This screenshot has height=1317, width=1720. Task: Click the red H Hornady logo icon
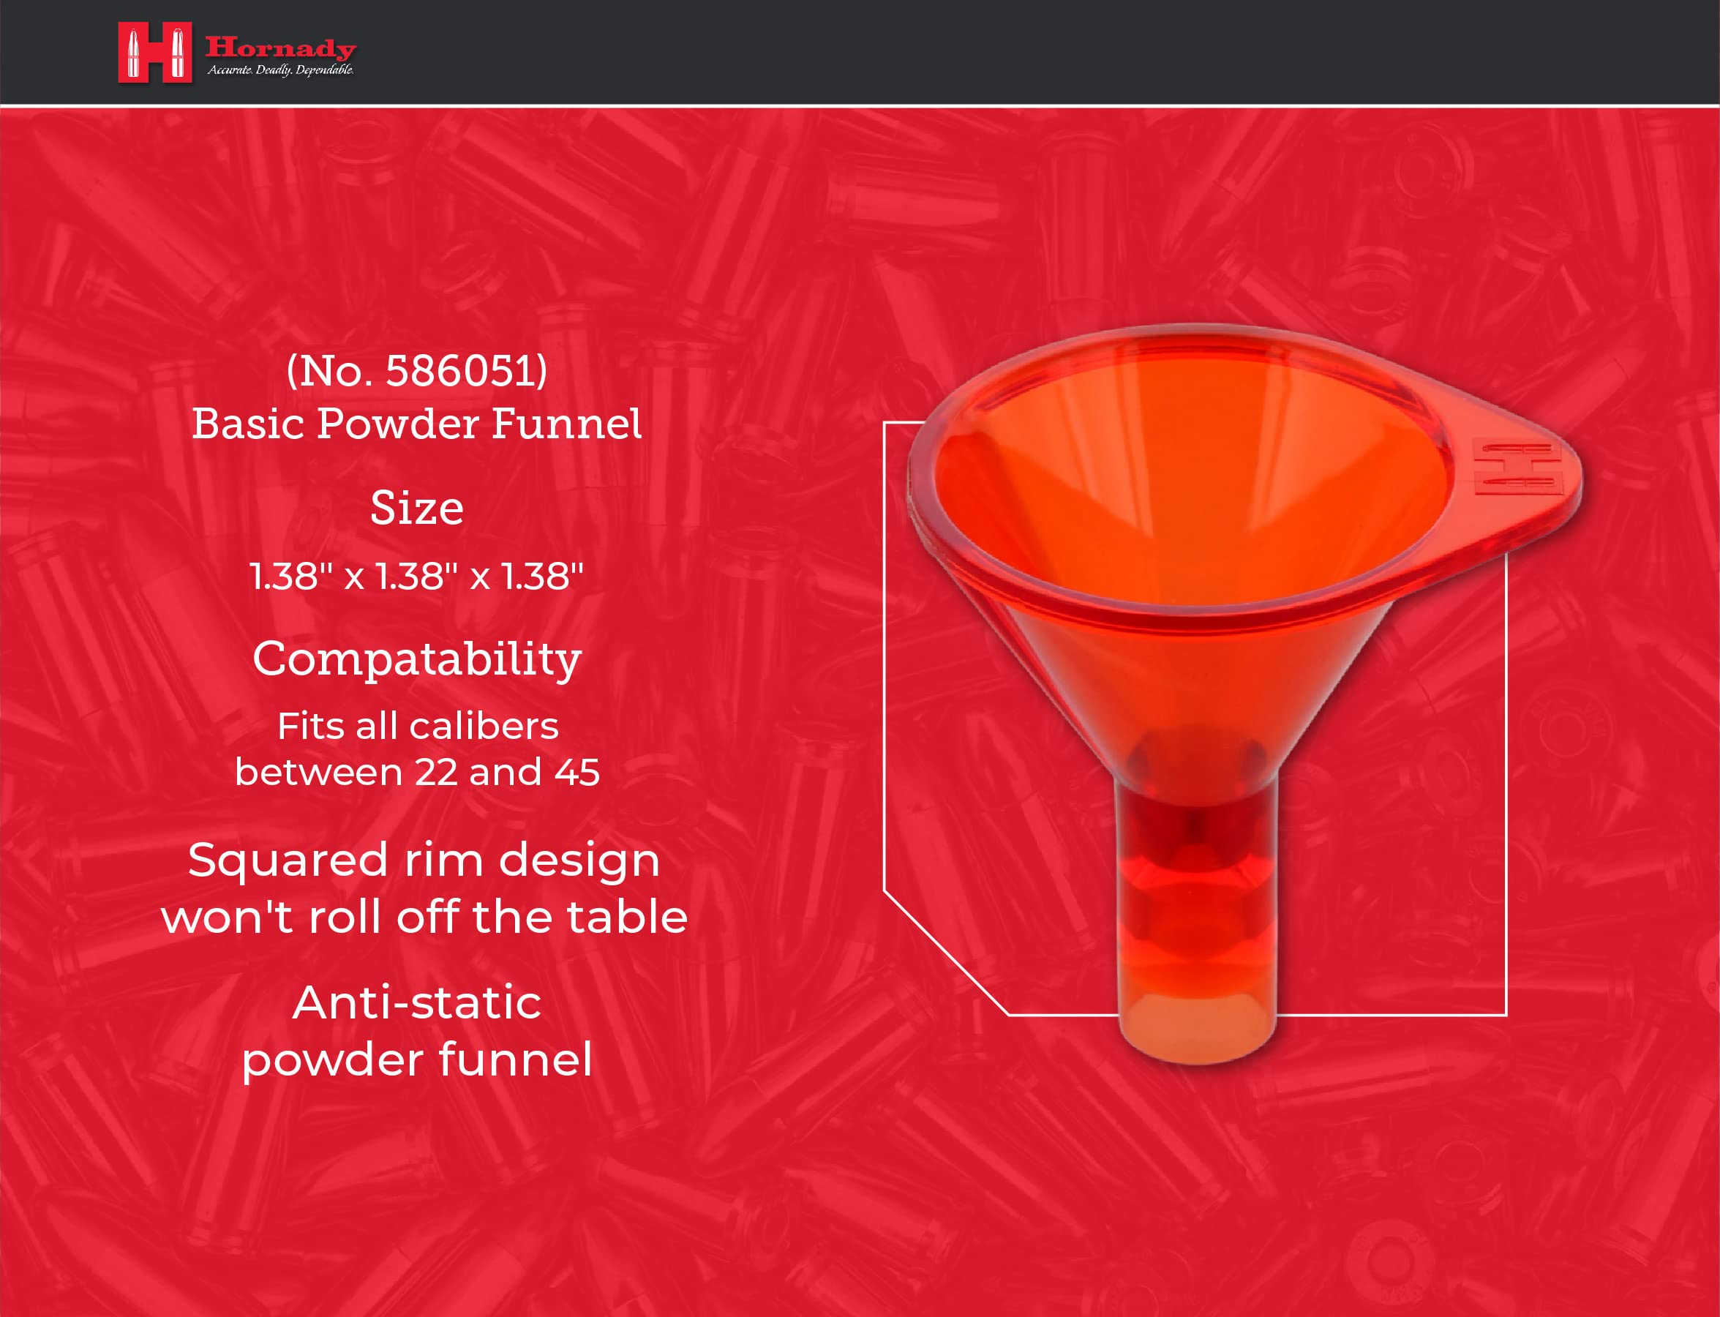(x=154, y=53)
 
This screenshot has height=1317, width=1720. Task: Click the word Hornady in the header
(x=280, y=48)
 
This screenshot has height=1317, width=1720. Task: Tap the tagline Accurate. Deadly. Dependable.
(x=280, y=70)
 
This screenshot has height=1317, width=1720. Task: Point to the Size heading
(x=416, y=508)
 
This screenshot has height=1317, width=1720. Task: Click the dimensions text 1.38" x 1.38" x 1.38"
(x=416, y=577)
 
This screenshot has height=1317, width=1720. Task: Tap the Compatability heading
(x=416, y=658)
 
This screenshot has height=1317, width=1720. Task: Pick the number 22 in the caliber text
(x=436, y=772)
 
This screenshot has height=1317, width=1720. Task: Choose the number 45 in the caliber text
(x=577, y=772)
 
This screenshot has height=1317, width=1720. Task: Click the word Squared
(x=288, y=860)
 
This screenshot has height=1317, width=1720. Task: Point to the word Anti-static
(x=416, y=1002)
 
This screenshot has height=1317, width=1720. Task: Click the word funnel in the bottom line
(x=515, y=1060)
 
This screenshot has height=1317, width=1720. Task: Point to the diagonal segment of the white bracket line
(x=945, y=953)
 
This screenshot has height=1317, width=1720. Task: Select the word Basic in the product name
(x=248, y=424)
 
